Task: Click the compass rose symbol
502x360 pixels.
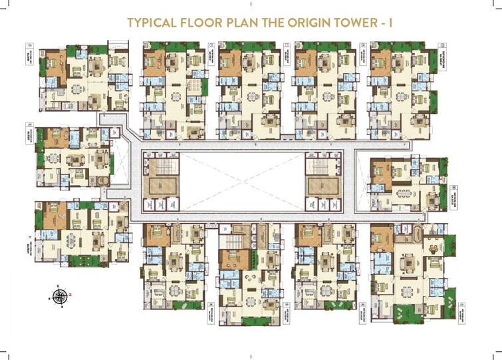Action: click(61, 295)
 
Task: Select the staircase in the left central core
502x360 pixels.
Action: click(161, 163)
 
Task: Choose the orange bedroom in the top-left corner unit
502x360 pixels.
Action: click(52, 65)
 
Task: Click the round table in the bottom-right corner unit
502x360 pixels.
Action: click(433, 249)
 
